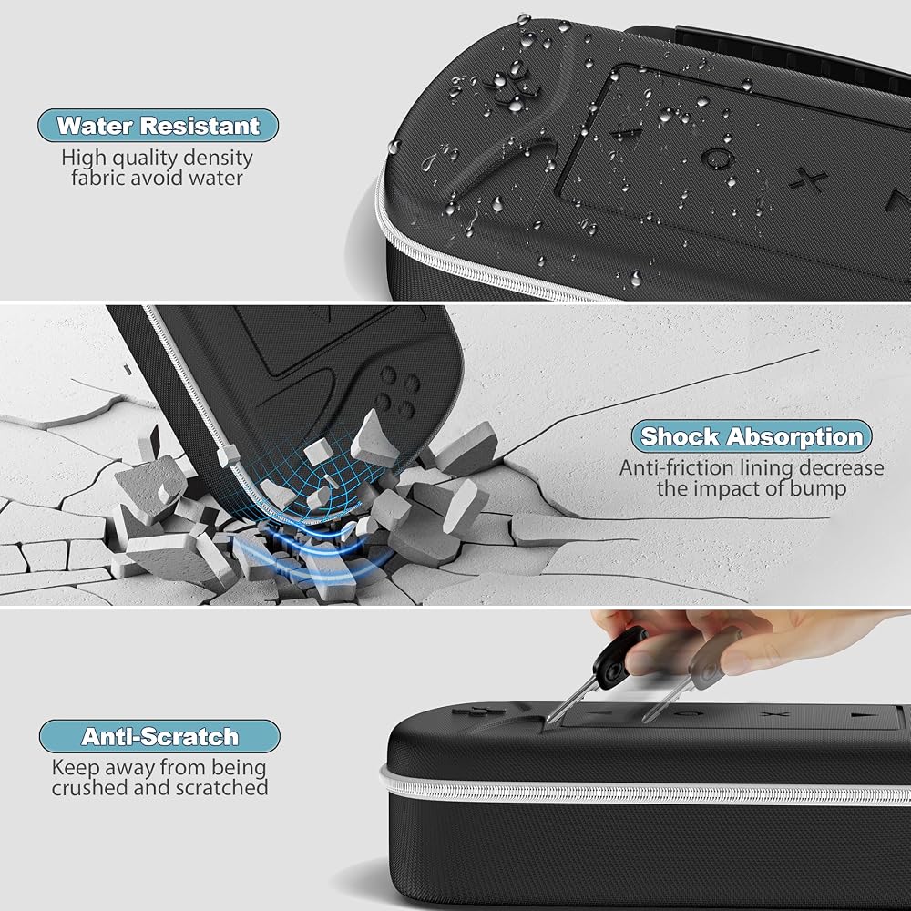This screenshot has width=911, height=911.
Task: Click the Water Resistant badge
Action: point(158,126)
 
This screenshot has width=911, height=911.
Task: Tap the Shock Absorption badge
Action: point(752,436)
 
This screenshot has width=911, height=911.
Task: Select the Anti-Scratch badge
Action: point(159,736)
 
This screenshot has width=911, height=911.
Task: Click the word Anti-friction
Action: point(668,467)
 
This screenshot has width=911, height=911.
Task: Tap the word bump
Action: point(817,489)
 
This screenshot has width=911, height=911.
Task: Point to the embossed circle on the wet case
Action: point(716,158)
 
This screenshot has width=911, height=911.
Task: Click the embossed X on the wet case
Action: point(808,179)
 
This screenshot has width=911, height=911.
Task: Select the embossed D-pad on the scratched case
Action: point(470,711)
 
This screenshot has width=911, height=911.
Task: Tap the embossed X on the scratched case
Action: point(775,713)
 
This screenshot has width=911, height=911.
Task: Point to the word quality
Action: point(145,158)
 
